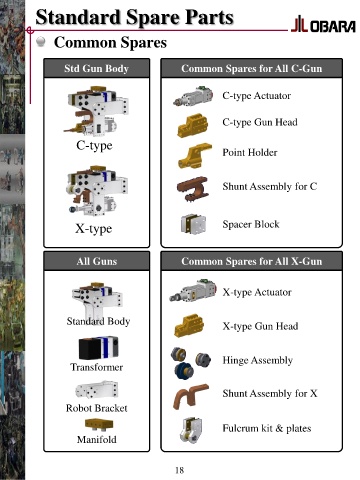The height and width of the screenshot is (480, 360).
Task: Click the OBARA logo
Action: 323,25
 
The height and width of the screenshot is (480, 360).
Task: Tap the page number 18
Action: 179,470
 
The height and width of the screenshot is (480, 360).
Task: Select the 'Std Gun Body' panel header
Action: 97,68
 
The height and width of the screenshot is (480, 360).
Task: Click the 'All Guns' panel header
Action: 97,261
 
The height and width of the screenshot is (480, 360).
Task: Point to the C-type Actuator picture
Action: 193,96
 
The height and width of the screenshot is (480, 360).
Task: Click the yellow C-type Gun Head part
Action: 193,125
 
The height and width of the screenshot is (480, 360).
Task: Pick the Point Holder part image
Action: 195,156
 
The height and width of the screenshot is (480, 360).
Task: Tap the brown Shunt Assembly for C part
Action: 193,188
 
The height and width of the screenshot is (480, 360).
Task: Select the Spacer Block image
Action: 193,224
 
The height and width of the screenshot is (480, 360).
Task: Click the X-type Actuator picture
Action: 193,291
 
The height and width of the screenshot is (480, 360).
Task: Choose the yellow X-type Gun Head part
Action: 189,326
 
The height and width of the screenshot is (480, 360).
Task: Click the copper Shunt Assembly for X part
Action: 191,395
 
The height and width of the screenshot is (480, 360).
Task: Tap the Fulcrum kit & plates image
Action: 191,430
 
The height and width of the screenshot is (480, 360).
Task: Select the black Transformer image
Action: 98,348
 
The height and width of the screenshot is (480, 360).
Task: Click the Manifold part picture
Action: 99,425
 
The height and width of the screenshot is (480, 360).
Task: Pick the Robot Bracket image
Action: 97,390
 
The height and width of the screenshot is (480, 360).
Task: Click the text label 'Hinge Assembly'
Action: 258,360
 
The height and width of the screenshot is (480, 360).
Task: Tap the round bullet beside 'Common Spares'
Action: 41,42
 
